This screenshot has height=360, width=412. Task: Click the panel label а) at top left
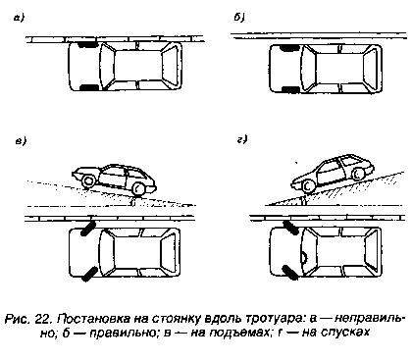pos(19,19)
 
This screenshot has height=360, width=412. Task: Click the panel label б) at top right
pos(239,18)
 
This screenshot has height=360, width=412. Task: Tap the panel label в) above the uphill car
pos(21,141)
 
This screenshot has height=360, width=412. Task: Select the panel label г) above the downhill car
pos(242,139)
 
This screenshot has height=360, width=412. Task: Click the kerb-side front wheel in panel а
pos(86,44)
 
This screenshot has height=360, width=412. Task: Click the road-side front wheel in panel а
pos(89,87)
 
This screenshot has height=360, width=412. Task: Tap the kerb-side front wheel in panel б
pos(289,48)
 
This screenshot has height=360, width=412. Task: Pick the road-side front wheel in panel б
pos(291,88)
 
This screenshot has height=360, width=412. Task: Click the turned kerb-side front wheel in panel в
pos(88,229)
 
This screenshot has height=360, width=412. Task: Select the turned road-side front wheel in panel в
pos(89,274)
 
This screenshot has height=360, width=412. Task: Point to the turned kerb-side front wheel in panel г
pos(290,228)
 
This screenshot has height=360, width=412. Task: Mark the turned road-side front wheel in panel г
pos(289,272)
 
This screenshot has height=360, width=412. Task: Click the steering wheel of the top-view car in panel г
pos(304,258)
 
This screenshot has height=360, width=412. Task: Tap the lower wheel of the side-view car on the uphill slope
pos(139,188)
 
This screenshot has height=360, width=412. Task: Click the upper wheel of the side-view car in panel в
pos(87,180)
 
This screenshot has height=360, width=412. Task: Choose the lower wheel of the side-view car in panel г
pos(308,186)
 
